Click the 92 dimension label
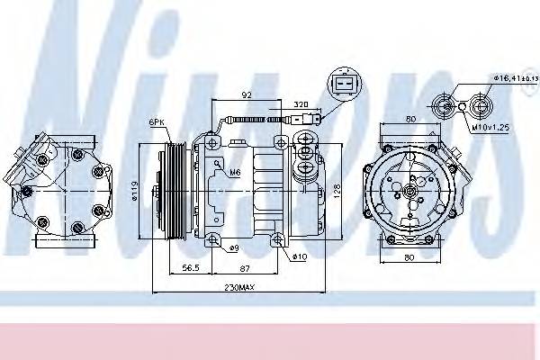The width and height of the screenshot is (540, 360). point(246,94)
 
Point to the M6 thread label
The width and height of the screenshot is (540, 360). point(234,172)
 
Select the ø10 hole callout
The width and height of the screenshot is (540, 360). point(298,258)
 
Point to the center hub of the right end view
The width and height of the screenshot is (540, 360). point(409,190)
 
